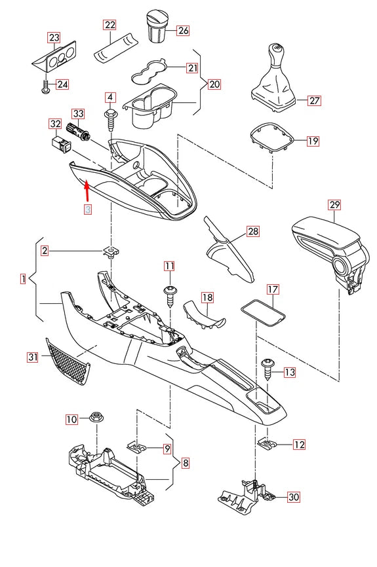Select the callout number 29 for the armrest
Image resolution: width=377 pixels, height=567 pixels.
tap(334, 206)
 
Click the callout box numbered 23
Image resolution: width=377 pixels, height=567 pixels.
tap(54, 37)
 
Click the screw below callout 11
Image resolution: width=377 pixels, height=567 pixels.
tap(169, 294)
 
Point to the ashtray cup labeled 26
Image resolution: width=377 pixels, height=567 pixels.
tap(158, 26)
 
